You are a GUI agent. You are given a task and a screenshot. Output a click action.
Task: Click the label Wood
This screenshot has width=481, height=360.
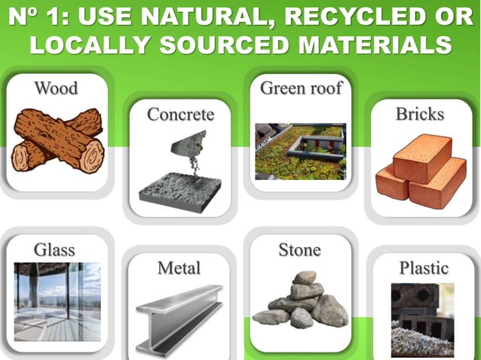[56, 89]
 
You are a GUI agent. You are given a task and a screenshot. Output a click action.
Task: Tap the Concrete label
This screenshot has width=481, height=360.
[180, 114]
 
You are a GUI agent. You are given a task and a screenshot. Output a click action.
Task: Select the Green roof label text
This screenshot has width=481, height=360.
[301, 89]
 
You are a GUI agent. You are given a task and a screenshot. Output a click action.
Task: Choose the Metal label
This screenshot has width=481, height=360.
[179, 268]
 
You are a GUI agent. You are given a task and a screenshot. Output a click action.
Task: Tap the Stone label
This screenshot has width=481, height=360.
[299, 250]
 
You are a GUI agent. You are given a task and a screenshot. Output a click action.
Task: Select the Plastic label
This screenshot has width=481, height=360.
[423, 268]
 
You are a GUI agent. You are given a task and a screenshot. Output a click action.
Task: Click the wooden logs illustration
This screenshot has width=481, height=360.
[58, 140]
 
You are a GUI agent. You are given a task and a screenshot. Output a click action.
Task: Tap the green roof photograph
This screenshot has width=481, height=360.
[300, 151]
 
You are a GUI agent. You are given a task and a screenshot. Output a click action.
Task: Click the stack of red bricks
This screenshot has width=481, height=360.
[420, 172]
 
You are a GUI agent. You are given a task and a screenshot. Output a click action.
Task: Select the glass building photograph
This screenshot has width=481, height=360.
[57, 301]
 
